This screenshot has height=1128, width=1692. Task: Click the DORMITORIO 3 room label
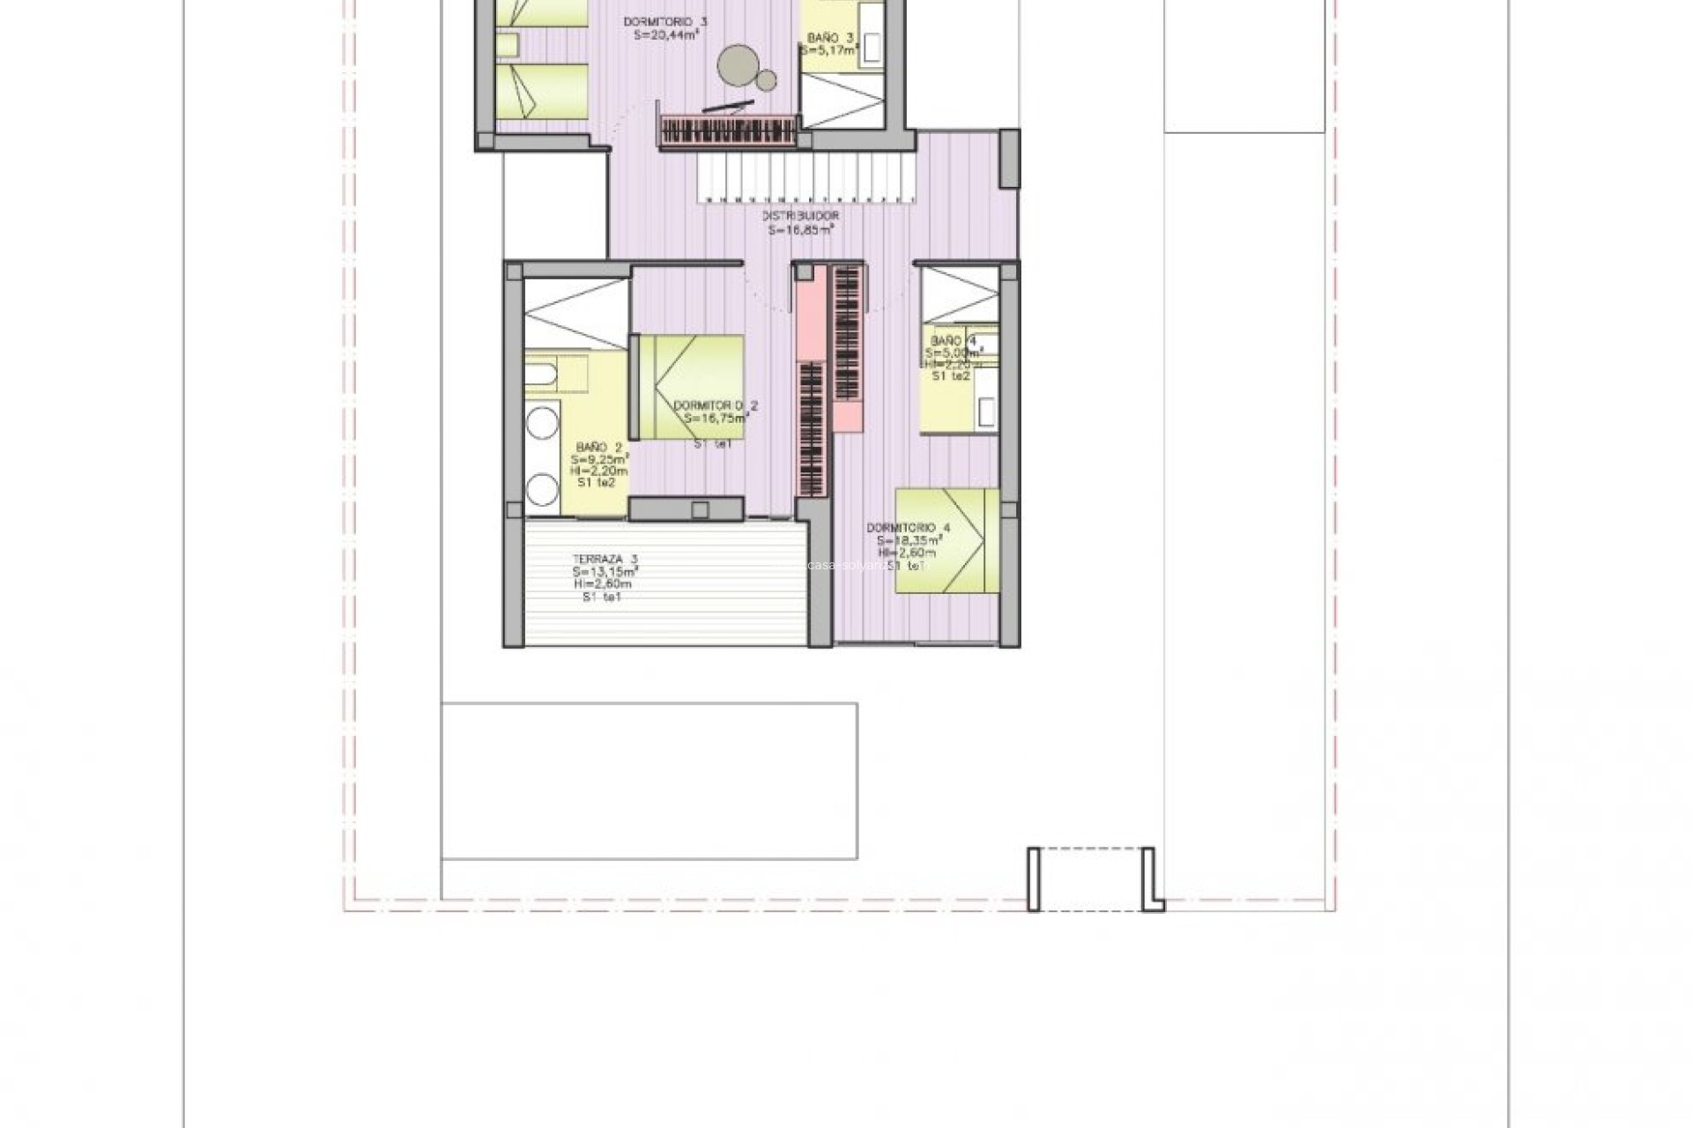(665, 22)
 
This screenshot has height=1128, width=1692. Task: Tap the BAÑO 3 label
(830, 38)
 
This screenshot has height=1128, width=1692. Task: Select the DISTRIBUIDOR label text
(800, 216)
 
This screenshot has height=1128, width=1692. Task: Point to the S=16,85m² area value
(800, 230)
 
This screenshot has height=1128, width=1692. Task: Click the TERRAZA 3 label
(605, 559)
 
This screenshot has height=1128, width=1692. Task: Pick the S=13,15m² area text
(605, 571)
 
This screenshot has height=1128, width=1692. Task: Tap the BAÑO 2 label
(599, 448)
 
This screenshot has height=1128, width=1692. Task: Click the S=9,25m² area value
(599, 460)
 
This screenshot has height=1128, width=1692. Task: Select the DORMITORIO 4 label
(908, 528)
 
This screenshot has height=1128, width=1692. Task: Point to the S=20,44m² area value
(665, 35)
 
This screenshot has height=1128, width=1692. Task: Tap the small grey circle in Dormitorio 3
(767, 81)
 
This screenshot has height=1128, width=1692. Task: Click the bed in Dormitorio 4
(947, 540)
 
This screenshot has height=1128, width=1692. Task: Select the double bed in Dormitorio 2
(691, 387)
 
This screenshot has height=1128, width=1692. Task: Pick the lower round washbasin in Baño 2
(542, 489)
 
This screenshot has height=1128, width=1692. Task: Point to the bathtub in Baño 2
(555, 375)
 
